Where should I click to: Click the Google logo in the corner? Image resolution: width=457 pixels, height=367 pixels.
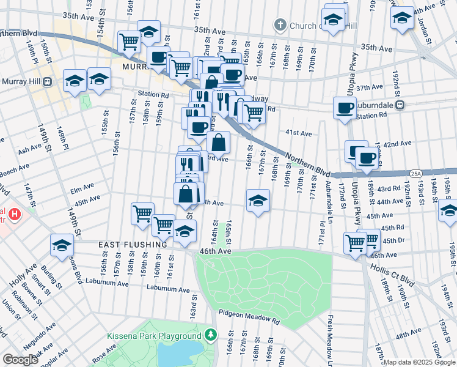[x=20, y=360]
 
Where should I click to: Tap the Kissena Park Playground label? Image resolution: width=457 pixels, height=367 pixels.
[x=154, y=336]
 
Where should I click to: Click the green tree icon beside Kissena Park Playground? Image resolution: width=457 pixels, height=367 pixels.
[x=211, y=335]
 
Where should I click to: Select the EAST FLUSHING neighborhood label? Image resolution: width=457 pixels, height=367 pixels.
[x=133, y=245]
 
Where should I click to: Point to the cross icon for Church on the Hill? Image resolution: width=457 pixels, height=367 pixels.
[x=280, y=25]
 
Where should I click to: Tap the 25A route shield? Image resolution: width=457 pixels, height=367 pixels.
[x=416, y=173]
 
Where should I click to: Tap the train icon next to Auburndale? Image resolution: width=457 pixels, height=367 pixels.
[x=400, y=105]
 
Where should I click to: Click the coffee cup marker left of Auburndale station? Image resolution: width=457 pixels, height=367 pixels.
[x=345, y=108]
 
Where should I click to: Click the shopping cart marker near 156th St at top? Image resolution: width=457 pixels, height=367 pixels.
[x=130, y=42]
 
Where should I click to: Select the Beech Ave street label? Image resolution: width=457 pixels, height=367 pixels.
[x=15, y=167]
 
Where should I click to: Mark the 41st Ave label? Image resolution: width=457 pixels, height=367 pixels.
[x=299, y=133]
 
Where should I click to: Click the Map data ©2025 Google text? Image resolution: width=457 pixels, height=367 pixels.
[x=419, y=361]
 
